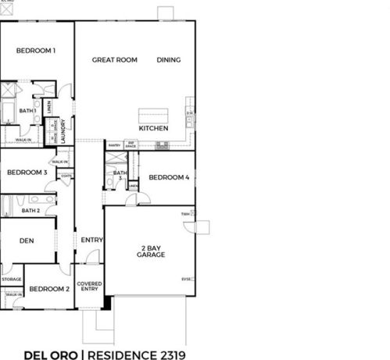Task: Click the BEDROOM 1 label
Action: point(36,51)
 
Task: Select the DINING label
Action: point(169,59)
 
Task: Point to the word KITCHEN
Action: point(153,128)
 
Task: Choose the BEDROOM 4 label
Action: point(168,177)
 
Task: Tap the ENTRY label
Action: point(91,240)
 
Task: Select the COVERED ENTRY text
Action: point(89,286)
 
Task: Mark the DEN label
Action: point(26,241)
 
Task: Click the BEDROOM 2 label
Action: point(49,289)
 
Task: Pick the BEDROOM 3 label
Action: point(27,173)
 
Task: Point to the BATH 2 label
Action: point(30,210)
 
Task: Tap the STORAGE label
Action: point(12,278)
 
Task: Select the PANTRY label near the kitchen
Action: point(113,144)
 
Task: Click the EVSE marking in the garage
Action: point(187,278)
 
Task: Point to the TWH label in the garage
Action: point(186,213)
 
